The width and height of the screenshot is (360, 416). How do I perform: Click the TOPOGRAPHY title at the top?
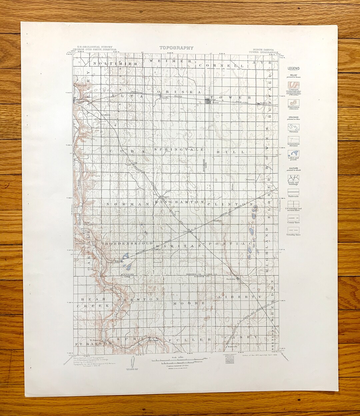click(176, 48)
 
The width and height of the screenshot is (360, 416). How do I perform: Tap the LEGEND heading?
click(293, 68)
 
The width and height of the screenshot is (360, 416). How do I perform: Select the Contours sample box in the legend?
click(293, 85)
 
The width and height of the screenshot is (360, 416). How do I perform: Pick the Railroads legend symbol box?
click(293, 191)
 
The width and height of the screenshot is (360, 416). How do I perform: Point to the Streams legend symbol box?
click(293, 127)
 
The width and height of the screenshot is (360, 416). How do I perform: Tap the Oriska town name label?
click(164, 98)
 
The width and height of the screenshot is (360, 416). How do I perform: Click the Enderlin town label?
click(231, 279)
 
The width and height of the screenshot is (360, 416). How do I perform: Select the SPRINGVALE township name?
click(179, 150)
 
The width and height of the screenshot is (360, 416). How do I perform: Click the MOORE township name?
click(189, 303)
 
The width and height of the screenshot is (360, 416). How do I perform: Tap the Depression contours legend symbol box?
click(293, 102)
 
